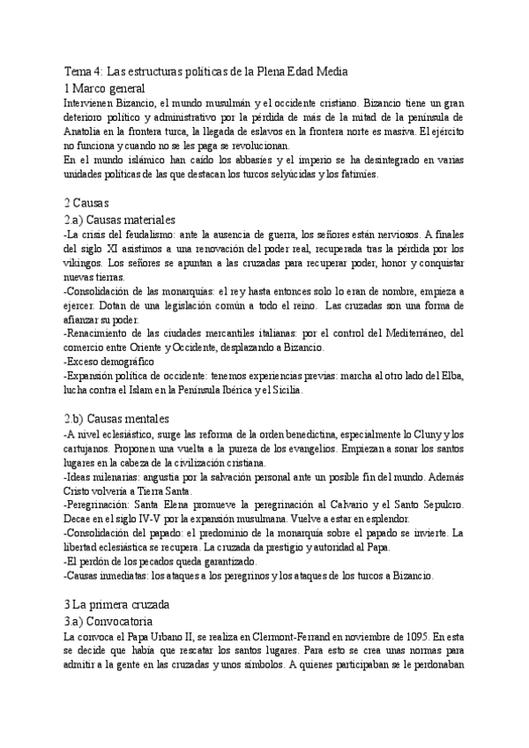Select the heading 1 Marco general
click(x=111, y=88)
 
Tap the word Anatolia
click(x=86, y=131)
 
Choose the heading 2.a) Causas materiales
click(x=121, y=219)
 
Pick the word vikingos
click(x=86, y=262)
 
